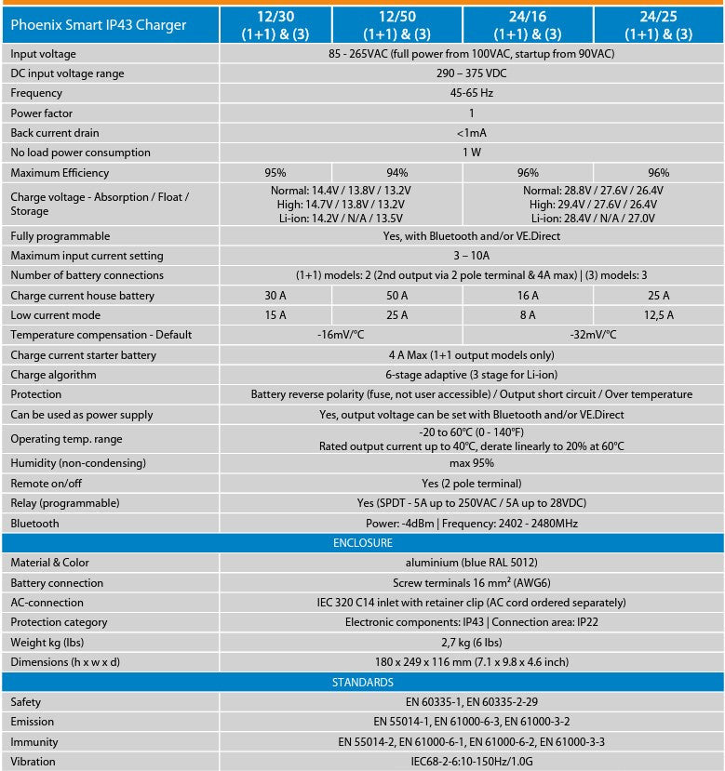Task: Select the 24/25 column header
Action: point(658,25)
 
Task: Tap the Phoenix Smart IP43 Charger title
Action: point(98,25)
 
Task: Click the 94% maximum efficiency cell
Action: point(396,173)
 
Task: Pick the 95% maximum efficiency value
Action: point(275,173)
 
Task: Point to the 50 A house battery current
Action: point(396,296)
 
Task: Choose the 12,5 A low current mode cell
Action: point(658,315)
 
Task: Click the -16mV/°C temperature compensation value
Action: point(341,335)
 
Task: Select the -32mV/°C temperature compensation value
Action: point(593,335)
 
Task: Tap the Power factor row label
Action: point(42,113)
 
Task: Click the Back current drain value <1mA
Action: point(472,133)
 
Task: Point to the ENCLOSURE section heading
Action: point(362,543)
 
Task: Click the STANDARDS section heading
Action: point(362,683)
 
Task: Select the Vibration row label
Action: point(33,762)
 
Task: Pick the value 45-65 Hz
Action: point(472,93)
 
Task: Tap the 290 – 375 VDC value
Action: point(472,73)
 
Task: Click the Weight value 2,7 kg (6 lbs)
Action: point(472,643)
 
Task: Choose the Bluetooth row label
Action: point(34,524)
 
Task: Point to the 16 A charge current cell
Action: point(528,296)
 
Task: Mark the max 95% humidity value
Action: point(472,463)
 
